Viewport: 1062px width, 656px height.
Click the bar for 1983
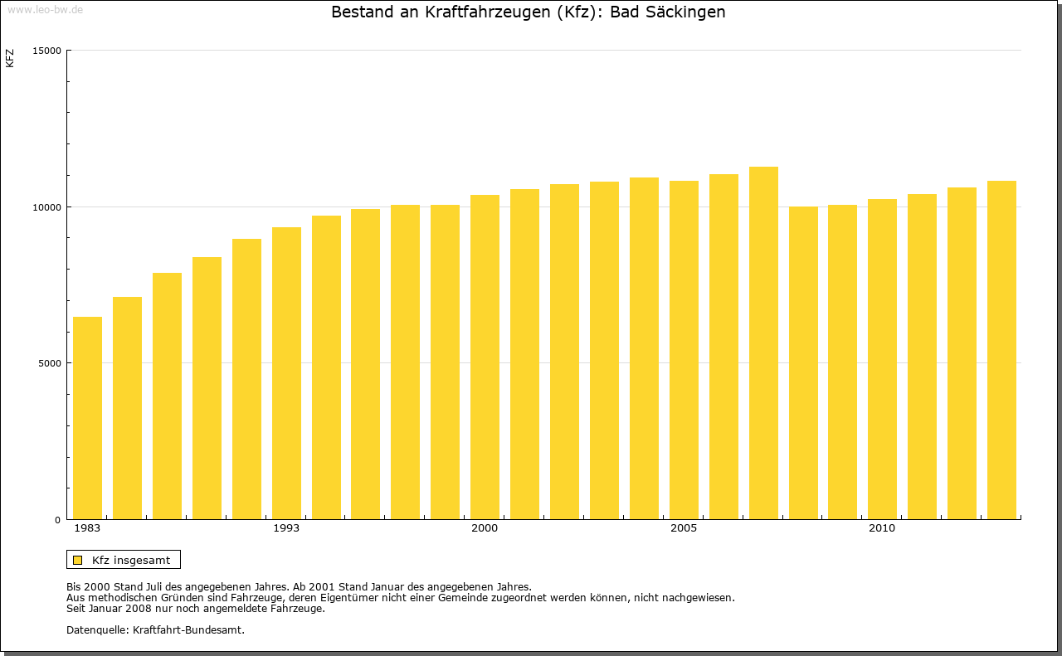coord(87,418)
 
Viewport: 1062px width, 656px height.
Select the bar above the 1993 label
coord(286,373)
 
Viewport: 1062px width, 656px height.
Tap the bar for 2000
coord(485,357)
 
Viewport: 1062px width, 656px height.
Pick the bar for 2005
coord(684,350)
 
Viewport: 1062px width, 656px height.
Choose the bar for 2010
coord(882,359)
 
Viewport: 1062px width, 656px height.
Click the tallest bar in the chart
coord(763,343)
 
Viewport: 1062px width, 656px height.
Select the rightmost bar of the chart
coord(1001,350)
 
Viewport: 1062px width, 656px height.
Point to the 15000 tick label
coord(48,51)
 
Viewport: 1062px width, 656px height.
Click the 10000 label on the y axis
coord(48,207)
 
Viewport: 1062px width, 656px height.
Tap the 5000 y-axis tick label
coord(51,363)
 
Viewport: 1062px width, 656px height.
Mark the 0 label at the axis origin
coord(59,520)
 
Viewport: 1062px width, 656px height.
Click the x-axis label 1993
coord(286,528)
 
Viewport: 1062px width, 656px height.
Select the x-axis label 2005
coord(684,528)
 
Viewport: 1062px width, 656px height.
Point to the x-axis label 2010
coord(882,528)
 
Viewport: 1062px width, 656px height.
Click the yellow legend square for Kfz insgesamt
coord(77,560)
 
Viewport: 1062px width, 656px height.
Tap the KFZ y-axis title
coord(10,58)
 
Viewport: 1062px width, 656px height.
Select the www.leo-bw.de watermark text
coord(45,8)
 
